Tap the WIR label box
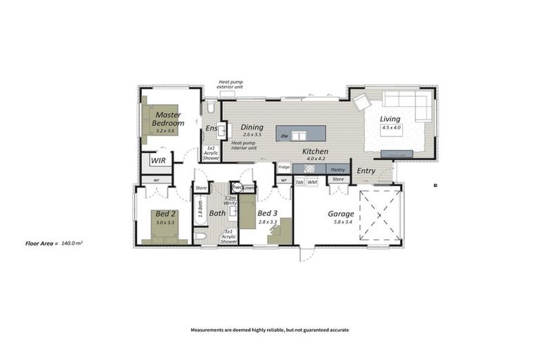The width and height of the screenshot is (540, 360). coord(158,160)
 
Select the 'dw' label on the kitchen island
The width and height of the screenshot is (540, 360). coord(284,135)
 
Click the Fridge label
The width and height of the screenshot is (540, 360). coord(283,167)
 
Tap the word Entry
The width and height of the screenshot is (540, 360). coord(366,171)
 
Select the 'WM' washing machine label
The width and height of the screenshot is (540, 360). coord(312,182)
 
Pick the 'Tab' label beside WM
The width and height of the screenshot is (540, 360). coord(300,182)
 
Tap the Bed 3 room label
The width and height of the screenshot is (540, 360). coord(268,213)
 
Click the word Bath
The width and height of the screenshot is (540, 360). coord(217,213)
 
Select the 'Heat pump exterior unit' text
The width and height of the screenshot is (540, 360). coord(231,84)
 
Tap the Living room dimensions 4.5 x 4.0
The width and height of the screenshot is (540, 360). coord(391,128)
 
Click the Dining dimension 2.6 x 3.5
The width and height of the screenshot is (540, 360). coord(252,134)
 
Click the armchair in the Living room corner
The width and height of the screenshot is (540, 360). coord(362,102)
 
